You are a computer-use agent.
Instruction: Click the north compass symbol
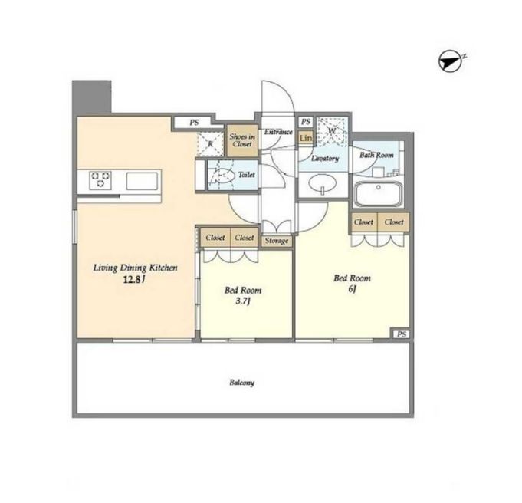click(451, 61)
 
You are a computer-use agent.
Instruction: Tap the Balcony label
click(242, 383)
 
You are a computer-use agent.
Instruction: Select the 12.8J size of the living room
click(134, 279)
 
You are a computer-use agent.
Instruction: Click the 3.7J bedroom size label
click(243, 301)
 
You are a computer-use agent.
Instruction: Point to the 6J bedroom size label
click(353, 289)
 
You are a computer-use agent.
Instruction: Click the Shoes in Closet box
click(242, 140)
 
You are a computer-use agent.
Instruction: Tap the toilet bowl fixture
click(224, 176)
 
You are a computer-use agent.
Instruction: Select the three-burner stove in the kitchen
click(100, 180)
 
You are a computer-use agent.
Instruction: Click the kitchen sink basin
click(142, 181)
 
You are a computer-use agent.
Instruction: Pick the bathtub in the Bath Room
click(378, 194)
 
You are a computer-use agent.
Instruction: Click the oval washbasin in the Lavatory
click(322, 184)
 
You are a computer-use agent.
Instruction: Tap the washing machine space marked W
click(332, 131)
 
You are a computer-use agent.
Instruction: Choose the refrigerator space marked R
click(210, 144)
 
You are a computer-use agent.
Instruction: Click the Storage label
click(277, 241)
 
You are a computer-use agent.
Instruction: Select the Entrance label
click(278, 132)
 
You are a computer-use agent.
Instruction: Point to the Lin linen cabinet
click(306, 137)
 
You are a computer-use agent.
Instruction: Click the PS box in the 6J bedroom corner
click(401, 334)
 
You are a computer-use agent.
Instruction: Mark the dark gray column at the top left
click(91, 97)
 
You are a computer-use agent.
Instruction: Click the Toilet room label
click(247, 175)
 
